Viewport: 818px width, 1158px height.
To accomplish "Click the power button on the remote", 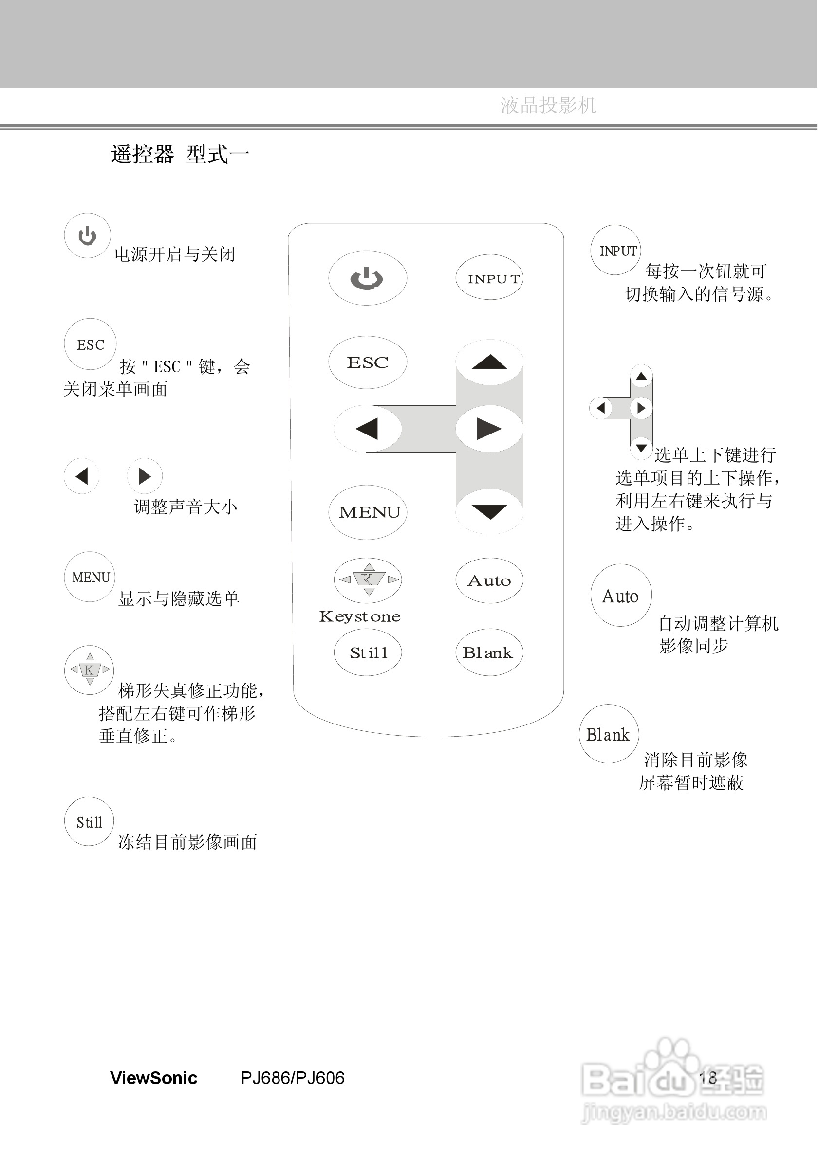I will pos(367,278).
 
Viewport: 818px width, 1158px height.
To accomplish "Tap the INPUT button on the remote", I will pos(489,278).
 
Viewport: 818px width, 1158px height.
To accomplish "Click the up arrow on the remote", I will pos(489,362).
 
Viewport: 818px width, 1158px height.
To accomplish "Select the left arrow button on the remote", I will pos(367,429).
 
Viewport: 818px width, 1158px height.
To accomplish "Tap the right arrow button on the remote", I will pos(489,429).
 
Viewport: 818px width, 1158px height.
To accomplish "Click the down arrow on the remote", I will pos(489,511).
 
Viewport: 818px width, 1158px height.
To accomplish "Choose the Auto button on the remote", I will pos(489,580).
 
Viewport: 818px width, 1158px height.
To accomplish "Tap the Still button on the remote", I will pos(368,652).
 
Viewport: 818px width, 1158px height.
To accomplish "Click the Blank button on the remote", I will pos(489,652).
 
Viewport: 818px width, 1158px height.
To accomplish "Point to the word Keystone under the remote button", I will pos(360,616).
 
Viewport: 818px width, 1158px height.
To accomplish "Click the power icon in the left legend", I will pos(87,235).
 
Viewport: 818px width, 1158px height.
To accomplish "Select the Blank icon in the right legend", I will pos(609,734).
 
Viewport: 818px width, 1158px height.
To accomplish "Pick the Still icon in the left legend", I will pos(89,822).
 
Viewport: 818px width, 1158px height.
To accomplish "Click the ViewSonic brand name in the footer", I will pos(153,1078).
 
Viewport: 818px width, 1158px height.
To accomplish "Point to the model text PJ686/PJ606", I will pos(293,1078).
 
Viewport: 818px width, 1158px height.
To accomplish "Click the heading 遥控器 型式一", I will pos(180,154).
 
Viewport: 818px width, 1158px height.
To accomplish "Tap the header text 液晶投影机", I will pos(548,106).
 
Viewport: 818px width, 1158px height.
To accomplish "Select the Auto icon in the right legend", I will pos(621,596).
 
